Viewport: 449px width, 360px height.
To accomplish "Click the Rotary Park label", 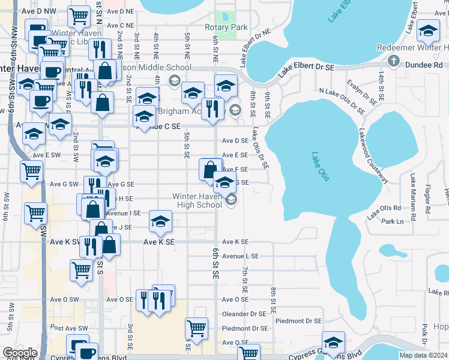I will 226,28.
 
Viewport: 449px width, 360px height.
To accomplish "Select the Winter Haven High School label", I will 197,200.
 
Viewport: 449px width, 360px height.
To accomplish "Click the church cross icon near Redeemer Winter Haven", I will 393,61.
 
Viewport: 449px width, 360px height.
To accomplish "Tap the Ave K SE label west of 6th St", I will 158,242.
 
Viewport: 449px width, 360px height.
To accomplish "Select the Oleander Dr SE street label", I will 244,314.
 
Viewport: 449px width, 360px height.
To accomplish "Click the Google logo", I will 19,352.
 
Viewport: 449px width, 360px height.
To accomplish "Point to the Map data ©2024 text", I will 423,355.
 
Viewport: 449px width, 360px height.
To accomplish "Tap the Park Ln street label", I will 393,222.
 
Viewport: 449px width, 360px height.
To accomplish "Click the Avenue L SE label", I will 240,256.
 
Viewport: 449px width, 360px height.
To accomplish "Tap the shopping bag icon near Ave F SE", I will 211,170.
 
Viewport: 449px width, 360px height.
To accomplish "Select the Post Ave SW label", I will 65,328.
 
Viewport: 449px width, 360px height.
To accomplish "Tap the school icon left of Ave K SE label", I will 160,223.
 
